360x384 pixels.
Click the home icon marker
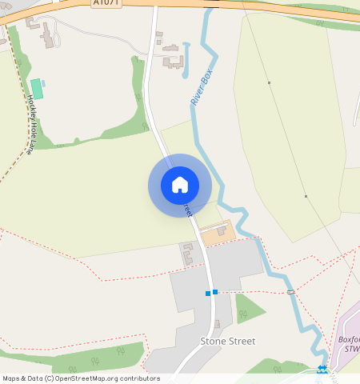tap(180, 185)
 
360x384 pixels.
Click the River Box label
tap(202, 88)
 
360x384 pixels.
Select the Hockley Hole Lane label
tap(31, 124)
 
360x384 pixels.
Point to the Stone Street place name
tap(227, 341)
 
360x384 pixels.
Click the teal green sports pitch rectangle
tap(37, 89)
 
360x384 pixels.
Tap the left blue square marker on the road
tap(208, 294)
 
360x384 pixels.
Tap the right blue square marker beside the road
tap(215, 292)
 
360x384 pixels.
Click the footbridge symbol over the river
tap(290, 292)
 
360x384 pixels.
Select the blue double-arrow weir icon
tap(322, 369)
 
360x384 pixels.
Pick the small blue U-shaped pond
tap(186, 60)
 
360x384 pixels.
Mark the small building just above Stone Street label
tap(216, 324)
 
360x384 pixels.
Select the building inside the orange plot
tap(221, 230)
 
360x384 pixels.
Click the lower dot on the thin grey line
tap(306, 196)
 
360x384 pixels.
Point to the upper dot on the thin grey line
tap(270, 82)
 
